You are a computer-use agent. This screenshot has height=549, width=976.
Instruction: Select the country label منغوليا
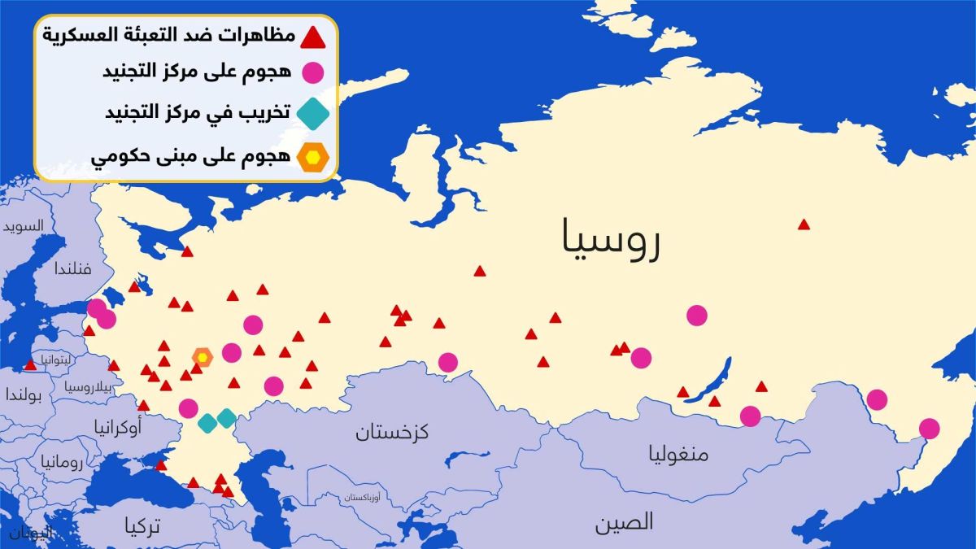pos(678,453)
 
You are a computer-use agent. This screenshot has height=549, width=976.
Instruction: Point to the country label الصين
pos(624,521)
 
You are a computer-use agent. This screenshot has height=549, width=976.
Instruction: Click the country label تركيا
pos(143,527)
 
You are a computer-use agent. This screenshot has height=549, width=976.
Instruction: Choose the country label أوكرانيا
pos(118,425)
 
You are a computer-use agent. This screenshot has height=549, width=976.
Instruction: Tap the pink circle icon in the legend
pos(313,73)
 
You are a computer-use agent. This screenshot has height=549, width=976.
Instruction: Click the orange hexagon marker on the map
pos(202,356)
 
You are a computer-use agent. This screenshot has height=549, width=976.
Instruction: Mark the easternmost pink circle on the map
pos(929,429)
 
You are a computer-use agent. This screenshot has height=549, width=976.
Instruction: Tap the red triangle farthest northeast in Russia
pos(804,224)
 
